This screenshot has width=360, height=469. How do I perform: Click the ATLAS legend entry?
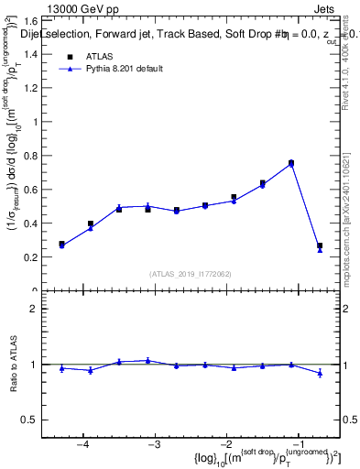tap(99, 57)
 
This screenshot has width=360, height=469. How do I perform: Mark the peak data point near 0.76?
tap(291, 163)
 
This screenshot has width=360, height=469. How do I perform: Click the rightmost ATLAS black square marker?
tap(320, 245)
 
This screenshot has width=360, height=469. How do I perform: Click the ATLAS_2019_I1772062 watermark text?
tap(191, 274)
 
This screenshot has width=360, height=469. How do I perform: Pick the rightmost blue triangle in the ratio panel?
tap(320, 373)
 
